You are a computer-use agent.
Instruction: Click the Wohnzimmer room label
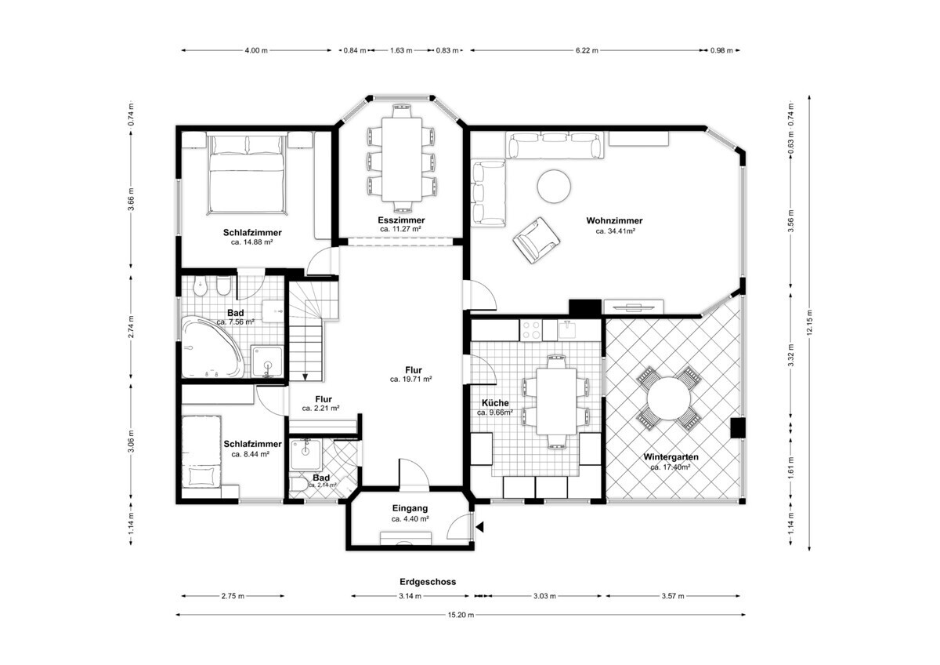pos(614,220)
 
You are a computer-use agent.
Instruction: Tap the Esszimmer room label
pos(401,220)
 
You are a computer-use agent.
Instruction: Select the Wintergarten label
pos(671,456)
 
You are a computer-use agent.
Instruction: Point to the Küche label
pos(495,403)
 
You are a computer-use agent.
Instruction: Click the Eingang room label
pos(410,508)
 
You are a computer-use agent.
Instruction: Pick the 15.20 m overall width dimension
pos(461,615)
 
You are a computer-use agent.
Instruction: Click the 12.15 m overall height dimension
pos(809,322)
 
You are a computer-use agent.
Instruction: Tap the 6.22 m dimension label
pos(587,50)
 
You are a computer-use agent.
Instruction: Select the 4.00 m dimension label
pos(256,50)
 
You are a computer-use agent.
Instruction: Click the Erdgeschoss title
pos(428,582)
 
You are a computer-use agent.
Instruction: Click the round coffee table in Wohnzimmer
pos(554,186)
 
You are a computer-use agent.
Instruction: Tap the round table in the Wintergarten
pos(668,398)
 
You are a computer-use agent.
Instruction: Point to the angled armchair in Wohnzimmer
pos(537,240)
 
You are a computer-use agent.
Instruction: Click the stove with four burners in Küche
pos(531,330)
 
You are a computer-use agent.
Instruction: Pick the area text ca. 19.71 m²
pos(410,380)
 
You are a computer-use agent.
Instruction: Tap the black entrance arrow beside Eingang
pos(479,527)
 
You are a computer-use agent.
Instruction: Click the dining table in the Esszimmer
pos(402,159)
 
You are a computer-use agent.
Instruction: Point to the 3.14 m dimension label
pos(410,596)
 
